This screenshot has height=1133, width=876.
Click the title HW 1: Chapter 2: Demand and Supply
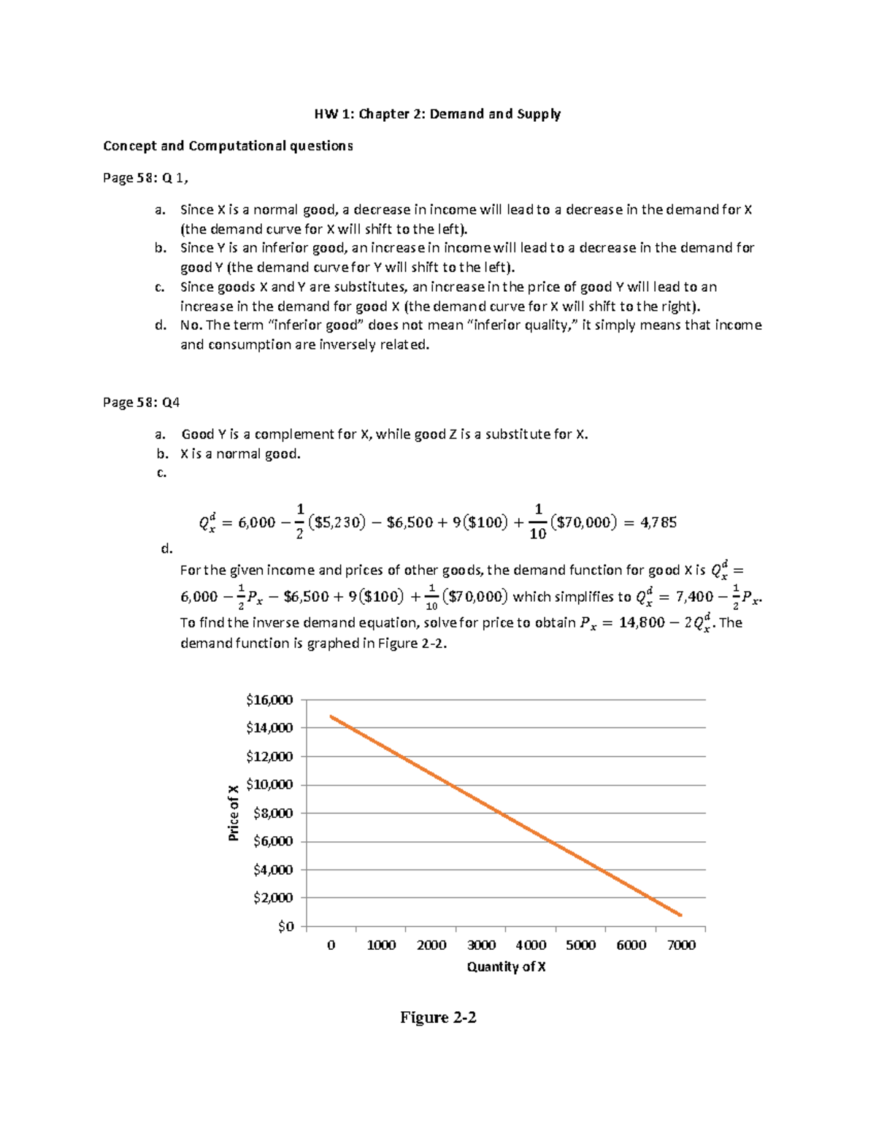(x=438, y=114)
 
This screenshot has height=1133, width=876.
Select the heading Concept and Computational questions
(x=228, y=146)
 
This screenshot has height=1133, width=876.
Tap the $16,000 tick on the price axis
(x=269, y=700)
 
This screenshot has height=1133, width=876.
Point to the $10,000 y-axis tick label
(x=269, y=785)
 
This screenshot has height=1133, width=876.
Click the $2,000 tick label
(x=272, y=898)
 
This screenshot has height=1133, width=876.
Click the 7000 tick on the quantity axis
(x=680, y=946)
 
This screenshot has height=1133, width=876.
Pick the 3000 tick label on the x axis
(x=481, y=946)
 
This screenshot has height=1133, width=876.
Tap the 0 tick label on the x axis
(x=331, y=946)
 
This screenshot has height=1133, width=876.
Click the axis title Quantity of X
(x=506, y=967)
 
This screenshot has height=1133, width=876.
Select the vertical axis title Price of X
(x=233, y=813)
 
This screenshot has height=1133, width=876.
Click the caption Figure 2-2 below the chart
(x=438, y=1018)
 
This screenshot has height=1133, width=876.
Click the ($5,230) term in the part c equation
(x=336, y=522)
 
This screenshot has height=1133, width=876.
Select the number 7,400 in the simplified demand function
(x=694, y=597)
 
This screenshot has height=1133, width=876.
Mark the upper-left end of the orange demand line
(x=331, y=716)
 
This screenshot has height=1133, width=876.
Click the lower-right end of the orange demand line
(x=681, y=915)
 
